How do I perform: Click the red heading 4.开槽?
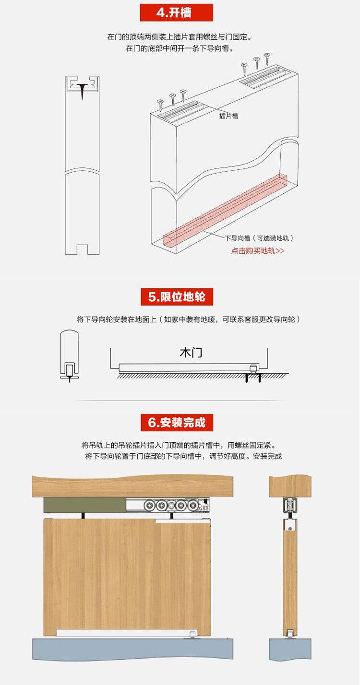(176, 12)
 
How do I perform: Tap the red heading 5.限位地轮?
(177, 296)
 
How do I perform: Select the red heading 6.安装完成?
(177, 422)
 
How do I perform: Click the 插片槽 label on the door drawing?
(228, 116)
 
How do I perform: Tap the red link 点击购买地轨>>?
(258, 251)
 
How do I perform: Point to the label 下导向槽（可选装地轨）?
(259, 238)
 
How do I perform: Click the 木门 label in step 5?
(191, 353)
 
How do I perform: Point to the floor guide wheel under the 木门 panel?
(254, 368)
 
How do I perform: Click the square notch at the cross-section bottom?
(82, 249)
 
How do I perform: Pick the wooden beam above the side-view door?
(290, 486)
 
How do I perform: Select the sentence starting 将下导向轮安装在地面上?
(189, 319)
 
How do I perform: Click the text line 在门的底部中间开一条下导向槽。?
(180, 48)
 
